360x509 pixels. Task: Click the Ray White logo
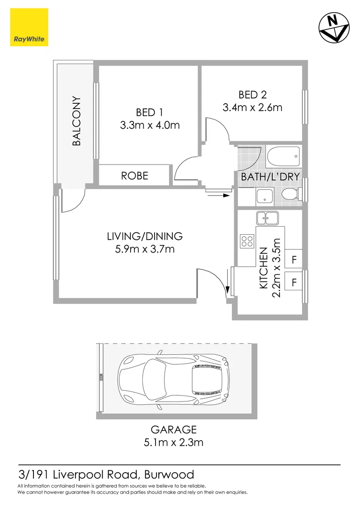click(x=29, y=26)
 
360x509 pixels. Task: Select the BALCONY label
click(x=77, y=121)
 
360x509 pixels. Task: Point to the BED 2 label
click(x=252, y=95)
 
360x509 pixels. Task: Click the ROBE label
click(x=134, y=176)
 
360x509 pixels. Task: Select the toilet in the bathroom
click(x=291, y=194)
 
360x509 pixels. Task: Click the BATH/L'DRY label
click(x=270, y=177)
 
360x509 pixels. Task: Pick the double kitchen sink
click(x=267, y=218)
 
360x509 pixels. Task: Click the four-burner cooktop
click(x=246, y=241)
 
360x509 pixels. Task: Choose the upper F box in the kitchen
click(x=294, y=260)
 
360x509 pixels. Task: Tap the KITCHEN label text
click(x=264, y=268)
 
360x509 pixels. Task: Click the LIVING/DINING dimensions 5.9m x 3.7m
click(x=145, y=248)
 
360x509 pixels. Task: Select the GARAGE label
click(x=173, y=429)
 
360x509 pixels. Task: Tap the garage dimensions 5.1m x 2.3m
click(x=173, y=442)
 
